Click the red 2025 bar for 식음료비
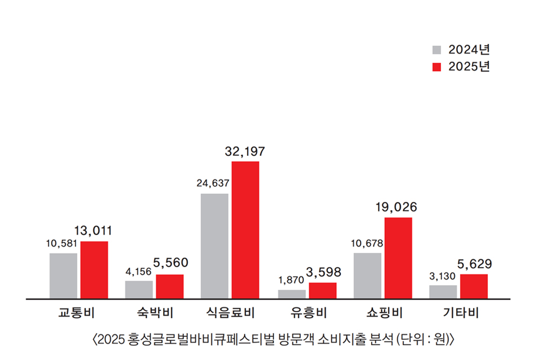(245, 229)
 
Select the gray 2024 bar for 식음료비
(214, 246)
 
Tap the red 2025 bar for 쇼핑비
(398, 258)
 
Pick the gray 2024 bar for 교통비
(63, 276)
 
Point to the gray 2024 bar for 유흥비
(292, 294)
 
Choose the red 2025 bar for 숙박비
(169, 286)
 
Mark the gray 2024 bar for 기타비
(443, 291)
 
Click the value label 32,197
(245, 151)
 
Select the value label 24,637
(213, 183)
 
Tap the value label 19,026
(397, 208)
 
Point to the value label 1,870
(291, 280)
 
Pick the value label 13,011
(93, 231)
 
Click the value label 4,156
(138, 271)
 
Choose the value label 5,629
(474, 263)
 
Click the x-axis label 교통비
(78, 313)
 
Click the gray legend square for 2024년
(437, 50)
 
